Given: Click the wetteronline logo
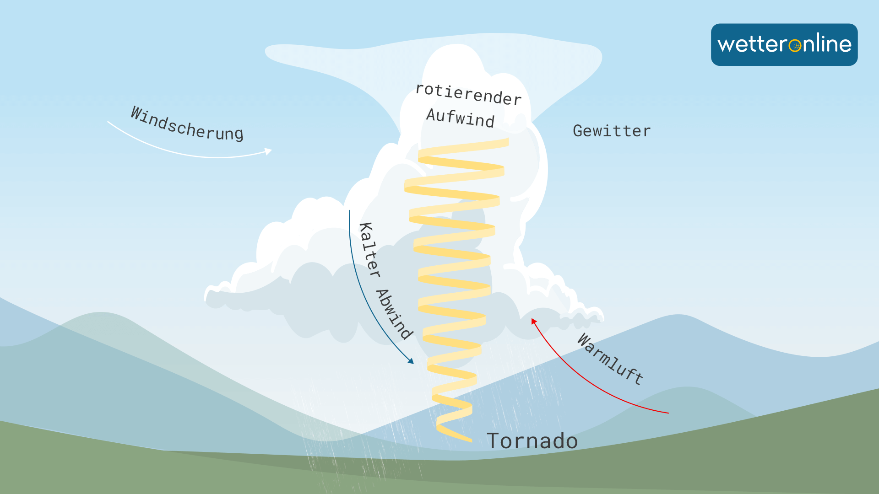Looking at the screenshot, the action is [x=784, y=45].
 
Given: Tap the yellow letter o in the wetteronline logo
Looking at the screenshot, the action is [x=795, y=46].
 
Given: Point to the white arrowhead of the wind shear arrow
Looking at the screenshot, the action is [x=269, y=151].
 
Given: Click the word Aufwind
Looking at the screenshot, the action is [x=460, y=118].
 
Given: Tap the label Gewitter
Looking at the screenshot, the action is [x=612, y=131].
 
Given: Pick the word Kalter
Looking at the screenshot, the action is [x=369, y=250].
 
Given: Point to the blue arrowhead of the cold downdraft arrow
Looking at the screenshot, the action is [x=411, y=361].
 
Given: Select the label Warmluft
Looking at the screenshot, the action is [x=610, y=360].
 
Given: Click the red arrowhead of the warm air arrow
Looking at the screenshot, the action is [x=533, y=321].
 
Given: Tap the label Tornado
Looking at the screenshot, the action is [x=532, y=441].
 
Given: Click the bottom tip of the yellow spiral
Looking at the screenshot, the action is [x=471, y=440].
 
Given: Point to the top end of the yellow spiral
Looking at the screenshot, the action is [x=507, y=142].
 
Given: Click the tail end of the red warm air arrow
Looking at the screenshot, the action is [x=668, y=413].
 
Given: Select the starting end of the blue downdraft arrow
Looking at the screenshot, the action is [x=349, y=211].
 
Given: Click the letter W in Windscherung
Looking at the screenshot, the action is [x=137, y=113].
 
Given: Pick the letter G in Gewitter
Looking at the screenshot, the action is [x=578, y=131].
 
